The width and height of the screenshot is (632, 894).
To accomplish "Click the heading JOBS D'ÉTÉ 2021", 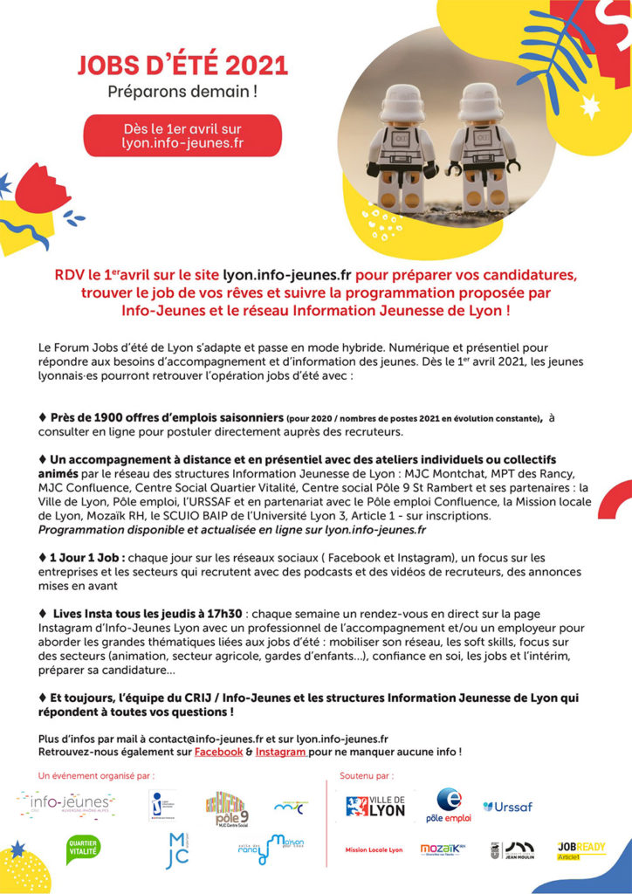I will [182, 66].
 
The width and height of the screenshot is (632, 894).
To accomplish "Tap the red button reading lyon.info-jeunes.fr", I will [182, 135].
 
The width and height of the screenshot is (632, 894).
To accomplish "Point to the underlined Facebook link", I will [218, 752].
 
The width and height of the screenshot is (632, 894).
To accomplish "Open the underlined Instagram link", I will [281, 752].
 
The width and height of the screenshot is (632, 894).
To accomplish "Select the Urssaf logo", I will [507, 807].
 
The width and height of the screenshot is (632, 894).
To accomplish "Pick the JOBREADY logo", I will [580, 849].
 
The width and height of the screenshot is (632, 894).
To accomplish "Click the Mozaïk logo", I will [443, 849].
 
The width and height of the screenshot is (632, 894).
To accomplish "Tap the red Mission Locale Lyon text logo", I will [374, 849].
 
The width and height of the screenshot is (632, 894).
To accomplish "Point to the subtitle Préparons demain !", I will [182, 91].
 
